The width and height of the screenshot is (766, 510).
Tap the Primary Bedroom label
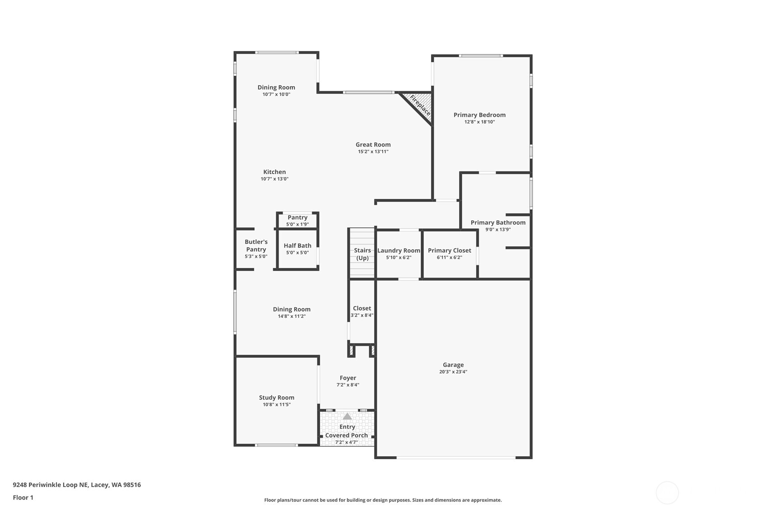tap(479, 115)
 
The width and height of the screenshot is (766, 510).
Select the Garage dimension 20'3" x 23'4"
tap(453, 372)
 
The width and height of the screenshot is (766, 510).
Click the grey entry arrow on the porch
tap(347, 417)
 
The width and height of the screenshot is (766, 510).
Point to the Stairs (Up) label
tap(362, 254)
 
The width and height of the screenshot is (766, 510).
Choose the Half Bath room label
tap(297, 246)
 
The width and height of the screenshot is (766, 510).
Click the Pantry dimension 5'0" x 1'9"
tap(297, 225)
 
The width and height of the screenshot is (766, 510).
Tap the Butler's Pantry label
tap(256, 246)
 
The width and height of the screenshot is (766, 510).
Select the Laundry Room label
tap(399, 251)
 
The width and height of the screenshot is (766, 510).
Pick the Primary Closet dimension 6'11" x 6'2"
tap(449, 257)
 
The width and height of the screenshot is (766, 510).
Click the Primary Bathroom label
tap(498, 223)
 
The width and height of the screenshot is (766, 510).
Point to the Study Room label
tap(276, 398)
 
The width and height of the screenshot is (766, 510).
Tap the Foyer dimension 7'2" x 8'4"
tap(348, 385)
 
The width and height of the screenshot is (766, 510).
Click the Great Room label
tap(373, 145)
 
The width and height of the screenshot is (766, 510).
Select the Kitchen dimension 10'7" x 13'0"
tap(274, 179)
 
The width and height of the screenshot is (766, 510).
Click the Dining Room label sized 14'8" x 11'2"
tap(292, 309)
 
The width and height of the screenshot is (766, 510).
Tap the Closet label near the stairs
tap(362, 308)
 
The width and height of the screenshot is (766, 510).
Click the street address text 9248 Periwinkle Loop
tap(77, 485)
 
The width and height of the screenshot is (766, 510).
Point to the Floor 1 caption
tap(23, 498)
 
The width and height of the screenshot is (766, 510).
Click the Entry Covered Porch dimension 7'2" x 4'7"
tap(346, 442)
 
